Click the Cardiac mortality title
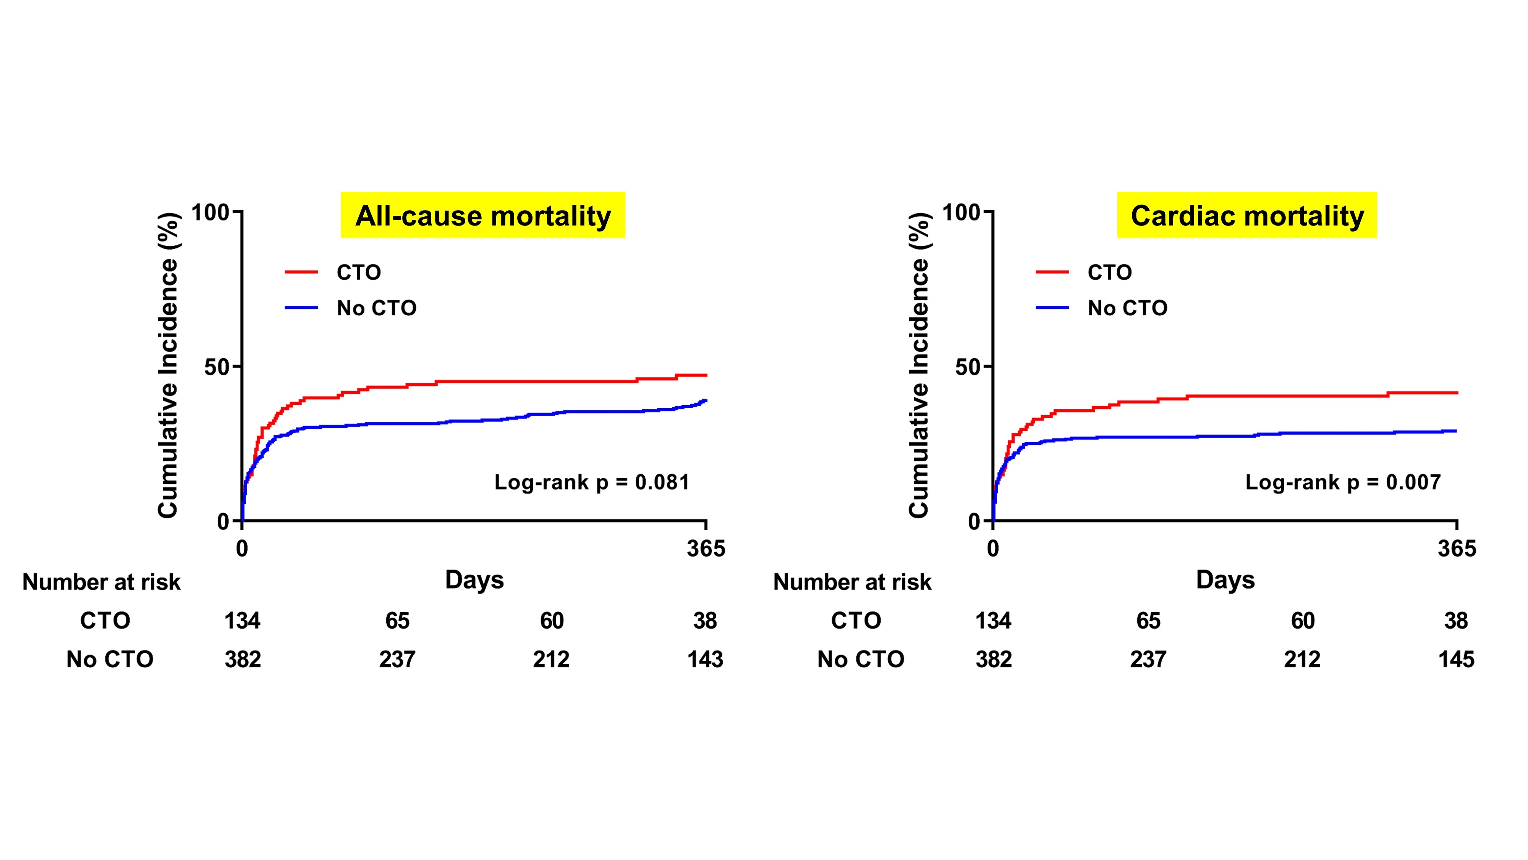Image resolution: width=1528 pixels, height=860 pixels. point(1247,216)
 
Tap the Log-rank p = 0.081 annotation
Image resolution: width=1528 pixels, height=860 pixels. point(591,482)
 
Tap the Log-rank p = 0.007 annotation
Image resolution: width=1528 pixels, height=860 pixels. point(1342,482)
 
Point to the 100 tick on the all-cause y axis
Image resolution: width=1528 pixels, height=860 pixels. point(210,212)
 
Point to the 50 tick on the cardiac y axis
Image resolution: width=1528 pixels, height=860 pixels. point(968,367)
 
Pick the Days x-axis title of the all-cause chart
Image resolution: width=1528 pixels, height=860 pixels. point(474,580)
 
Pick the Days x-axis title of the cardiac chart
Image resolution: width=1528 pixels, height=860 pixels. point(1225,580)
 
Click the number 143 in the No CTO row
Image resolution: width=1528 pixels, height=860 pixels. point(705,659)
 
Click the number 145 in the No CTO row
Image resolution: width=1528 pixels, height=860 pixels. point(1456,659)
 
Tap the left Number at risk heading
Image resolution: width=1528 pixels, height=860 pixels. point(102,582)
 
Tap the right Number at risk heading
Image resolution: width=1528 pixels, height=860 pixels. point(852,582)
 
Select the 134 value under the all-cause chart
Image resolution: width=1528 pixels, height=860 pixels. point(242,621)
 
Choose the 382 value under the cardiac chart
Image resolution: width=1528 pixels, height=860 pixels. point(994,659)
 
